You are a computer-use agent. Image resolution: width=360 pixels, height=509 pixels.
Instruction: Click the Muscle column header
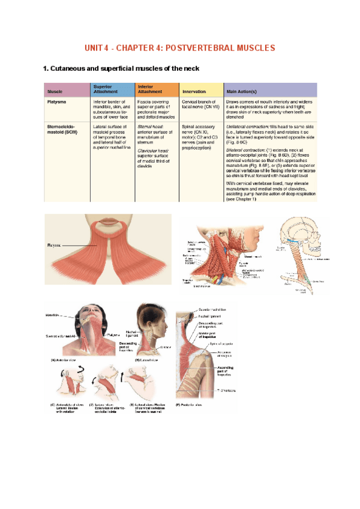55,91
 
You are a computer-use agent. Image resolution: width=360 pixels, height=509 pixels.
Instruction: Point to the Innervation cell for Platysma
199,105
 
